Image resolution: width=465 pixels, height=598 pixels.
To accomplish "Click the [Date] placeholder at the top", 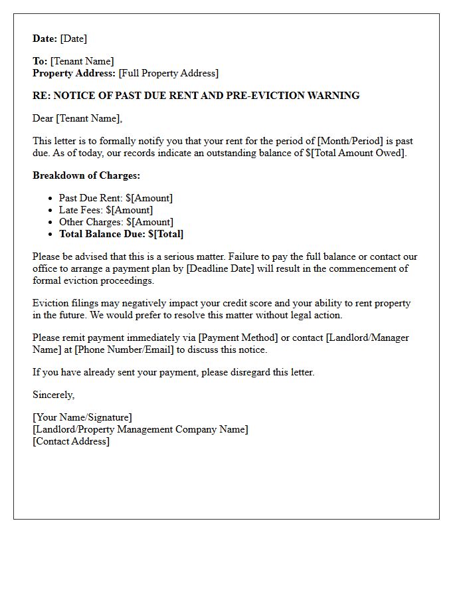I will coord(74,39).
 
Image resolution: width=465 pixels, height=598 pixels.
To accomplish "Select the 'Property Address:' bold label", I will coord(74,73).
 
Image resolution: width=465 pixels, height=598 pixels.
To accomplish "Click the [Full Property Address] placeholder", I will coord(168,73).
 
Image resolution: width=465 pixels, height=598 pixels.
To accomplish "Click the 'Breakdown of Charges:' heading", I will coord(86,175).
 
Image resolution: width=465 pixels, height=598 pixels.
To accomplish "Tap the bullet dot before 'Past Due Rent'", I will coord(51,199).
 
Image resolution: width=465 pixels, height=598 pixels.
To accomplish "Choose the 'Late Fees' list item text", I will coord(80,210).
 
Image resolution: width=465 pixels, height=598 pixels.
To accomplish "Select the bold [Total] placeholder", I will coord(169,234).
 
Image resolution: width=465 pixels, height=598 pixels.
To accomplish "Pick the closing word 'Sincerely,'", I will coord(53,395).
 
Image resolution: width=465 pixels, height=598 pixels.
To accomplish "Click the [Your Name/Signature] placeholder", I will coord(82,417).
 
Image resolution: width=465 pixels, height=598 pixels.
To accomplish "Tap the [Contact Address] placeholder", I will coord(71,441).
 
